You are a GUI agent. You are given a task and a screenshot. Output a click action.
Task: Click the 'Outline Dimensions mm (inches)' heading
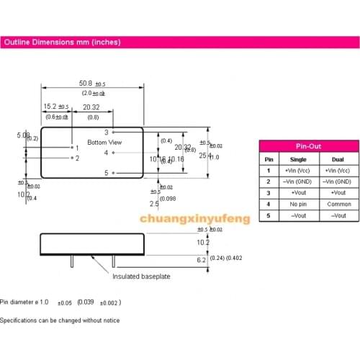click(61, 42)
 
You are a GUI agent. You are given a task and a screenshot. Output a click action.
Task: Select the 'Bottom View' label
click(104, 143)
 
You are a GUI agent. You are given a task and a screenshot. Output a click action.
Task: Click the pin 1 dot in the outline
click(71, 148)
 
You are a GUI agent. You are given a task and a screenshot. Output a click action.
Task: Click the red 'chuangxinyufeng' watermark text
click(194, 218)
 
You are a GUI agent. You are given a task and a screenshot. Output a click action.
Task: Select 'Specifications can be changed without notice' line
click(60, 320)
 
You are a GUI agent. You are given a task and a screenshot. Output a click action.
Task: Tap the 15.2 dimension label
click(48, 106)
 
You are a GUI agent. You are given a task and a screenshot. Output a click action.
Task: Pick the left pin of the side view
click(71, 261)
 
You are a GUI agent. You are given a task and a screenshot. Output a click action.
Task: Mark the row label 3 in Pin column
click(269, 192)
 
